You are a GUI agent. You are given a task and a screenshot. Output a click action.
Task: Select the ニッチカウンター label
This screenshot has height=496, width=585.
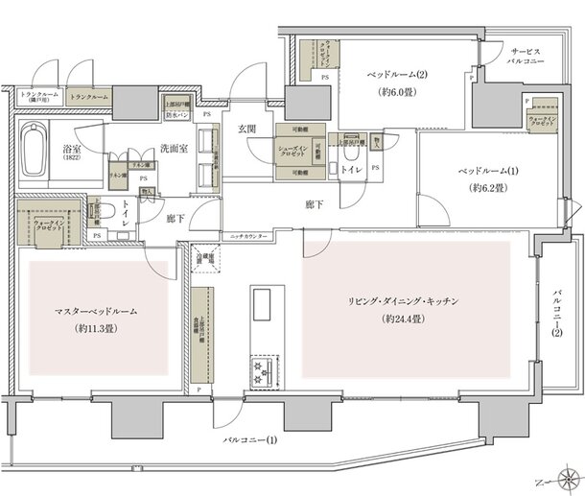[x=248, y=235]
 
